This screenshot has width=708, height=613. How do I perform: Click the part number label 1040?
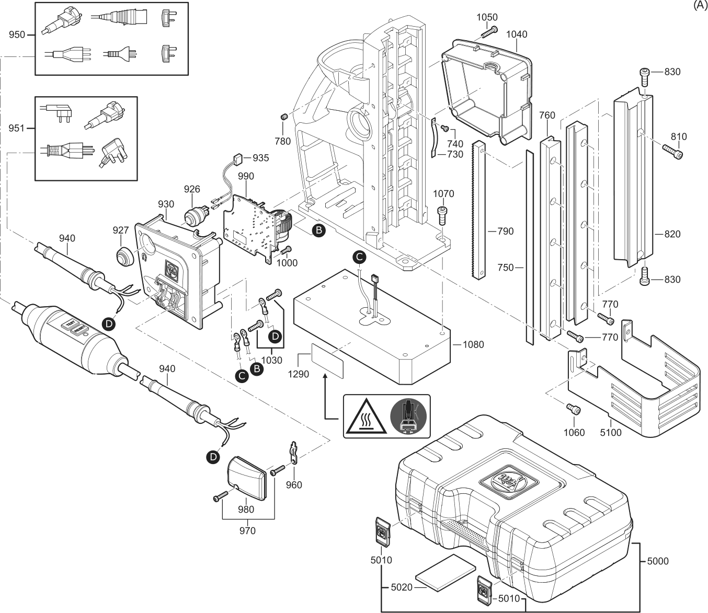point(517,34)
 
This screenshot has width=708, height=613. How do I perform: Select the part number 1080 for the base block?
point(473,344)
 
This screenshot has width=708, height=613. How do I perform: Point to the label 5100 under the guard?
point(611,432)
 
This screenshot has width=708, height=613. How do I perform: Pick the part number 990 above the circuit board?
point(246,177)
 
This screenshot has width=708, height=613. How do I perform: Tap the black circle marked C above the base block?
point(359,256)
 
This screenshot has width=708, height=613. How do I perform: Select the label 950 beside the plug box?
point(17,34)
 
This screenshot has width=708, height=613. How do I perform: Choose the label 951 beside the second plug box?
point(17,128)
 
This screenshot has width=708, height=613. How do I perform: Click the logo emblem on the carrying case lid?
point(505,478)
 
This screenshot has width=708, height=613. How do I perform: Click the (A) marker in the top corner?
point(700,5)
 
